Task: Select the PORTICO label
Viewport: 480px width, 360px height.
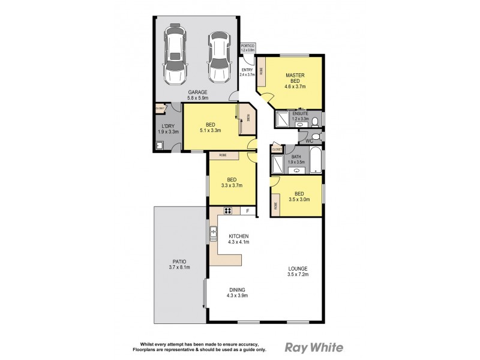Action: pyautogui.click(x=247, y=46)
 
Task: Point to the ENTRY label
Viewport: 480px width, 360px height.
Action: pyautogui.click(x=247, y=70)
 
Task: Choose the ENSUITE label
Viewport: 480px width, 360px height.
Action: pyautogui.click(x=300, y=113)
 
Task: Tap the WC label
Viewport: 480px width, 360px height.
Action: pyautogui.click(x=309, y=141)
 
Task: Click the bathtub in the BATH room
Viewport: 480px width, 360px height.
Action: pyautogui.click(x=317, y=160)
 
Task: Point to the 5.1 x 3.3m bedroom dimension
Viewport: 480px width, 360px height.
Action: pyautogui.click(x=211, y=130)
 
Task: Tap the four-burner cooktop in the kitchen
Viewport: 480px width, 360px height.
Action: pyautogui.click(x=228, y=211)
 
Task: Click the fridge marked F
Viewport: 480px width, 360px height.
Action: pyautogui.click(x=248, y=211)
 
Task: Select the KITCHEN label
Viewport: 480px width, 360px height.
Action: pyautogui.click(x=238, y=236)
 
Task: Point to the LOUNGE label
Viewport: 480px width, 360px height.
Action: pyautogui.click(x=298, y=268)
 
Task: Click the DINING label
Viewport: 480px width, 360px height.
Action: pyautogui.click(x=237, y=289)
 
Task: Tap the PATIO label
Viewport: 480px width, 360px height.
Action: pyautogui.click(x=179, y=262)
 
